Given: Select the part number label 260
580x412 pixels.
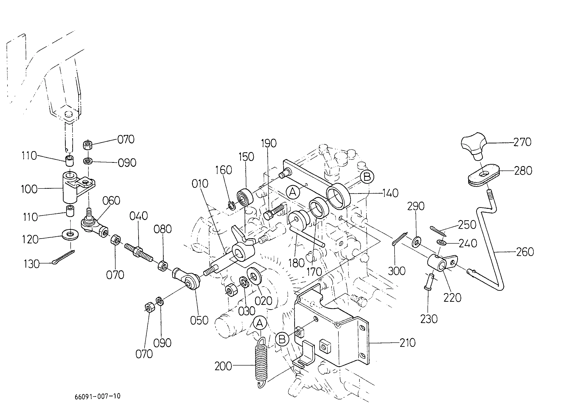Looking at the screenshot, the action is point(525,252).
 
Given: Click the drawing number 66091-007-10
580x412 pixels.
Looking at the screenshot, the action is point(98,396).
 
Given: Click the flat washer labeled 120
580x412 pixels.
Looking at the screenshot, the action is point(70,234).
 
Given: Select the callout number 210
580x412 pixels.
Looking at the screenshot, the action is point(407,342).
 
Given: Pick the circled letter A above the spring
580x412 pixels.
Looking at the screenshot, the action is point(259,323).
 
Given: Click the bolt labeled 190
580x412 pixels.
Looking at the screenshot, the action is point(273,212).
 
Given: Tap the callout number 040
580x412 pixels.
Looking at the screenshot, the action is point(138,216).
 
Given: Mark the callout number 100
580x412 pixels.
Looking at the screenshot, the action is point(29,189).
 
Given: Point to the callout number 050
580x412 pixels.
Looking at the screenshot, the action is point(199,320).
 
